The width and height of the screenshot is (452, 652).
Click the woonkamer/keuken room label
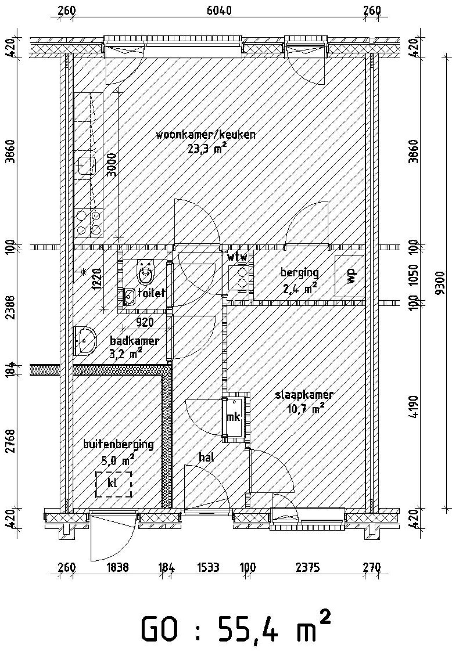(206, 135)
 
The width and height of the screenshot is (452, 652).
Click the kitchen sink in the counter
(87, 166)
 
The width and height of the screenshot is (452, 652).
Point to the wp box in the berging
(350, 276)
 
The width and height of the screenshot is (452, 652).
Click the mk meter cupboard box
(233, 417)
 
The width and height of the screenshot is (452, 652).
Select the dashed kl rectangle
(114, 484)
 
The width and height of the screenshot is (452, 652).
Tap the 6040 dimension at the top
(219, 11)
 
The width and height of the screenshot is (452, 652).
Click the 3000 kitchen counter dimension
(112, 165)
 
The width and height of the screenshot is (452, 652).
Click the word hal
(207, 457)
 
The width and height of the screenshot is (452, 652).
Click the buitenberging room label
(118, 444)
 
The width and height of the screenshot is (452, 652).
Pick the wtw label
(237, 257)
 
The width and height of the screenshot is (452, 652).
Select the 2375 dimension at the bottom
(308, 568)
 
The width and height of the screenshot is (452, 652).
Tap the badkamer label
(134, 341)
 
